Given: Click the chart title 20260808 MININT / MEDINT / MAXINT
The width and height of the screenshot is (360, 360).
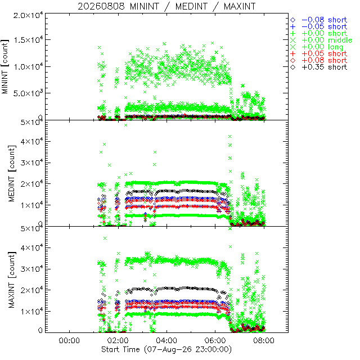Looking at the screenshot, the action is point(166,6).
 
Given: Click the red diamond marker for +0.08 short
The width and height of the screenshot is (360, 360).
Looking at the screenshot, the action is point(293,61).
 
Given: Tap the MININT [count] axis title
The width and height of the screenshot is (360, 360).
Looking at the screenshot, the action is point(5,66).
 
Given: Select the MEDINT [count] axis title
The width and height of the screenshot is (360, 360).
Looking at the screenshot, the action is point(12,173).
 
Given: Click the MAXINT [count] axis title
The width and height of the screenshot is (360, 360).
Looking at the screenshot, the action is point(12,280).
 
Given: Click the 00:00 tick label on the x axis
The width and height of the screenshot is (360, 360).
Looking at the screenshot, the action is point(69,340).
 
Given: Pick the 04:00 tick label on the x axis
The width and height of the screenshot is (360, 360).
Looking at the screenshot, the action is point(166,340).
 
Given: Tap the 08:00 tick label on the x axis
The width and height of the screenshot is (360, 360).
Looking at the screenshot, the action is point(264,340).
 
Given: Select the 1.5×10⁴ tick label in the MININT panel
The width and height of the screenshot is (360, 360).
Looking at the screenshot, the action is point(28,39).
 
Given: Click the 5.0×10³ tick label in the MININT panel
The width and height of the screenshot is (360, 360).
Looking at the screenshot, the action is point(28,93).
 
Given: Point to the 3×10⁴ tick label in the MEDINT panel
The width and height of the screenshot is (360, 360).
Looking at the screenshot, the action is point(31,163).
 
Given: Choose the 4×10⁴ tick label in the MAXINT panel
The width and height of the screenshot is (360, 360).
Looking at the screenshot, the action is point(31,247).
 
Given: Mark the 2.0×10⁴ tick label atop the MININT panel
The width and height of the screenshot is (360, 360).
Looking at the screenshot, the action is point(28,15).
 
